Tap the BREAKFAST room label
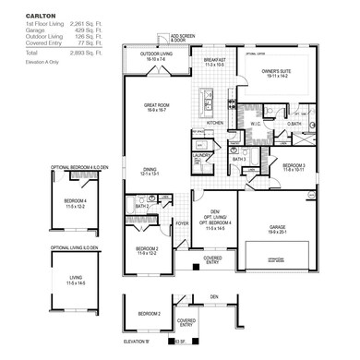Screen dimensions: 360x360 tap(215, 60)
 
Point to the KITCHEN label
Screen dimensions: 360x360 tap(214, 122)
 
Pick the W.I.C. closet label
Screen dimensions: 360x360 tap(258, 124)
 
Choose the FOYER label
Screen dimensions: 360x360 tap(183, 222)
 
